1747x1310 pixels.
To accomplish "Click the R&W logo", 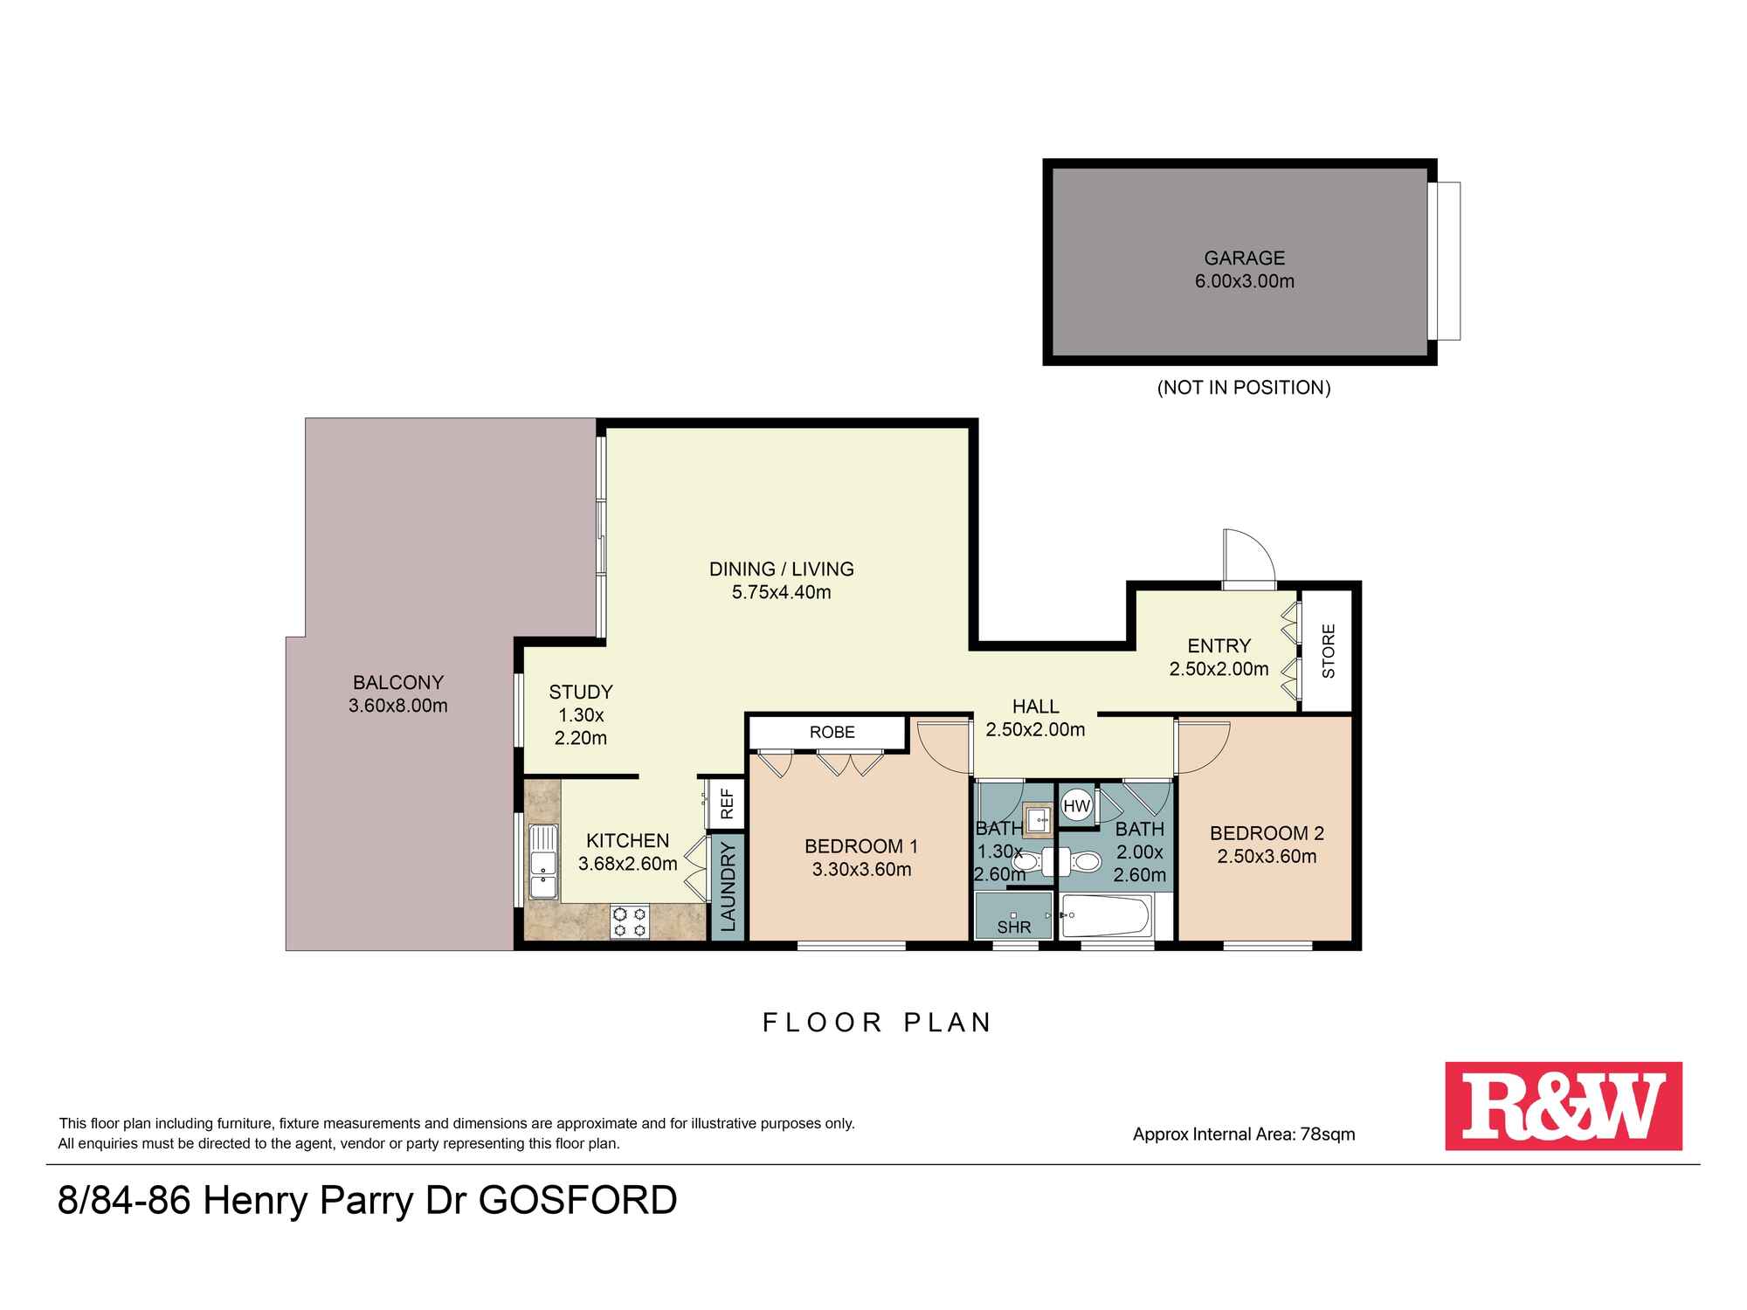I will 1563,1106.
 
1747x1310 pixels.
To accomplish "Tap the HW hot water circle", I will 1077,805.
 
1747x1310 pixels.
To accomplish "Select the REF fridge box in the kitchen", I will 726,803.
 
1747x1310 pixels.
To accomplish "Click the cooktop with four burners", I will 630,920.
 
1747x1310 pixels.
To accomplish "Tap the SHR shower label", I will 1014,927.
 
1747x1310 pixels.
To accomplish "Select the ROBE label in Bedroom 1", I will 832,732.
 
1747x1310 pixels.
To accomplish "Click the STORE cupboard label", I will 1329,651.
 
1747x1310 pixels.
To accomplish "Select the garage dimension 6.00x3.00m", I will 1244,281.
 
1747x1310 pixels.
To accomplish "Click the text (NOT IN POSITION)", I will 1244,388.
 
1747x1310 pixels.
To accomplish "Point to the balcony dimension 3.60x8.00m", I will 397,706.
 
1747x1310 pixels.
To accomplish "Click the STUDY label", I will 581,692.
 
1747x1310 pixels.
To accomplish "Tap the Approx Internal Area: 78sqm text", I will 1244,1134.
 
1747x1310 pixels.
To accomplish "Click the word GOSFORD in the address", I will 578,1201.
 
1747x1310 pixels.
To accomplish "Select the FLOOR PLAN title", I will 877,1023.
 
